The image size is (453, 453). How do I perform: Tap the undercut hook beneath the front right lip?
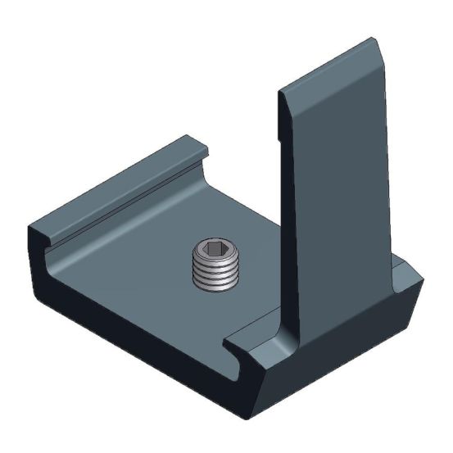246,365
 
